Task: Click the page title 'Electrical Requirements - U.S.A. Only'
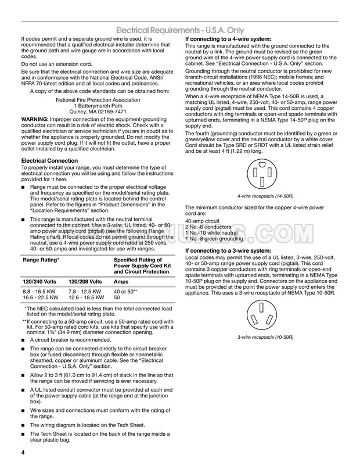coord(228,30)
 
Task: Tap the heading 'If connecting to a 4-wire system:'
coord(227,38)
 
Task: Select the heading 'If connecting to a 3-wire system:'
coord(227,250)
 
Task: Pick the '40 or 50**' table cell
coord(125,291)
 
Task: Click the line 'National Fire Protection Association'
coord(98,99)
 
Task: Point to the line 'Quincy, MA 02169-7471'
coord(98,111)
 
